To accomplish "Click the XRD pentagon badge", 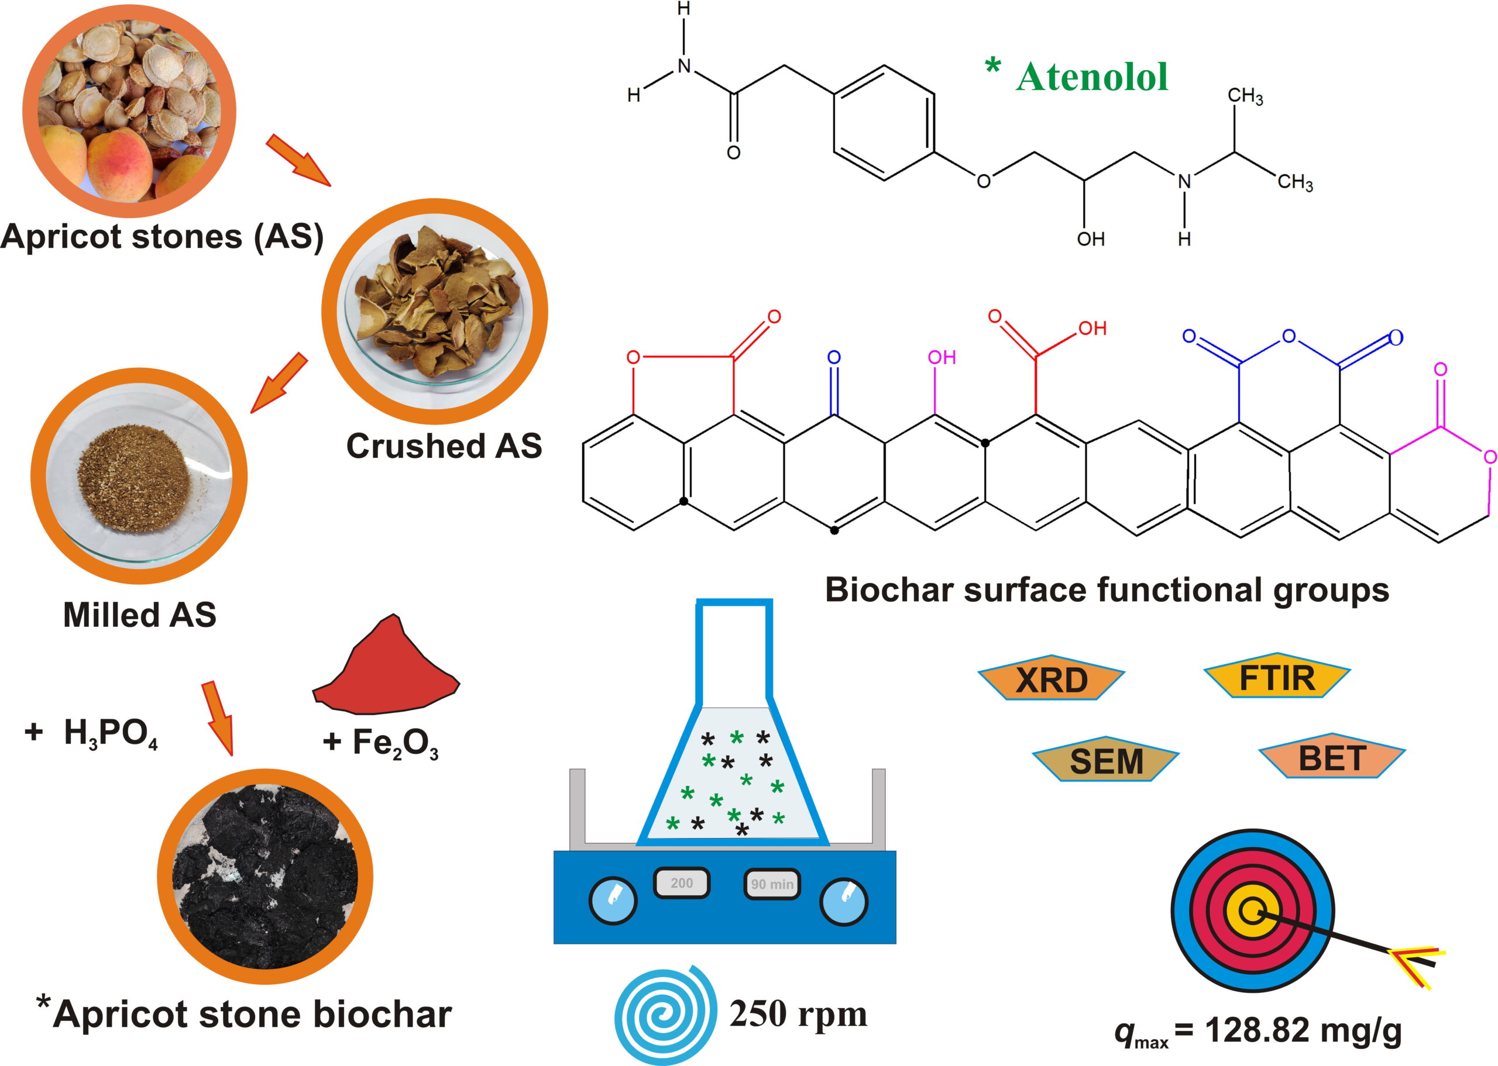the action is coord(1051,677).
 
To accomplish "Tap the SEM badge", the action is coord(1106,759).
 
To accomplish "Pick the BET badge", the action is coord(1332,756).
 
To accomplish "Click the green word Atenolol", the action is coord(1091,77).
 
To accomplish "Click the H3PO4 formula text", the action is coord(111,733).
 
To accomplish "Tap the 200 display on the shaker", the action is coord(681,883).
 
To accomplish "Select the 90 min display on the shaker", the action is coord(772,884).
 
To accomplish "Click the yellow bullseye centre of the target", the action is coord(1252,911).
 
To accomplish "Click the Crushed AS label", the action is coord(444,446).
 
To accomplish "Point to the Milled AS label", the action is coord(139,615).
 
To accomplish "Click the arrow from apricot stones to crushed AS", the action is coord(298,160).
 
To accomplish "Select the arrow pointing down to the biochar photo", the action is coord(218,718).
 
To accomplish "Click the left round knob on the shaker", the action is coord(613,901).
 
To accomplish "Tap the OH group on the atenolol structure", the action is coord(1091,239).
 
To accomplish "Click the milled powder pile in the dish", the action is coord(134,477).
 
